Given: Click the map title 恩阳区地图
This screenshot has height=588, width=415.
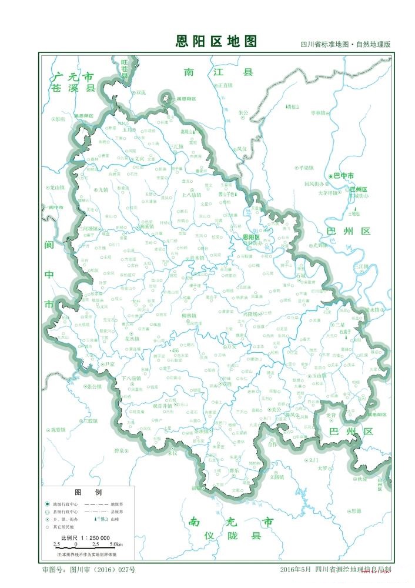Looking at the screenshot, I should click(x=216, y=41).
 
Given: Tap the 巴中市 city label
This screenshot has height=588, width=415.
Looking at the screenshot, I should click(x=343, y=176).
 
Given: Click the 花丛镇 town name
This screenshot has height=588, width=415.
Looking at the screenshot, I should click(x=132, y=339).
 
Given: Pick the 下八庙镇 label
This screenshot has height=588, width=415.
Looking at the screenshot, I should click(x=132, y=377).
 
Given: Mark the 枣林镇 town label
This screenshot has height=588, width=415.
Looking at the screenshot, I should click(x=321, y=112).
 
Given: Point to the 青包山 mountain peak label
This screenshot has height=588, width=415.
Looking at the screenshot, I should click(x=293, y=106).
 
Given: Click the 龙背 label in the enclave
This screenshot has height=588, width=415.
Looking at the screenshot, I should click(x=331, y=415).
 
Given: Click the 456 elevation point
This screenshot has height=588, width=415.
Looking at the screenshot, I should click(x=174, y=350).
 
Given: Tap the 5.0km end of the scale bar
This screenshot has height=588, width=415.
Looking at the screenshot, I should click(x=115, y=544).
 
